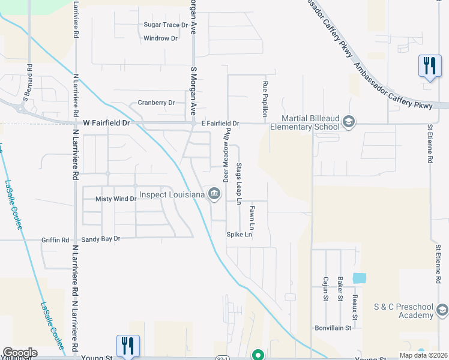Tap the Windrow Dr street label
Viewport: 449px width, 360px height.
tap(161, 38)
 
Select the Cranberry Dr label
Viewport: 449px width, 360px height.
tap(156, 103)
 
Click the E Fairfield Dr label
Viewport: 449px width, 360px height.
tap(220, 124)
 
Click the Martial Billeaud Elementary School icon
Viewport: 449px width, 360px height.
tap(348, 123)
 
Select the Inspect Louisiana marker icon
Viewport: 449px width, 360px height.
tap(214, 193)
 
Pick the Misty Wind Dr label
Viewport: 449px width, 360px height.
tap(116, 199)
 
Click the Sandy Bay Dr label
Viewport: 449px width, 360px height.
tap(101, 239)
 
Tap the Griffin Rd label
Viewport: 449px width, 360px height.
tap(55, 240)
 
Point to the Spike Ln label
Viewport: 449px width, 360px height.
tap(239, 235)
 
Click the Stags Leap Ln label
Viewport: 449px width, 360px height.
tap(239, 183)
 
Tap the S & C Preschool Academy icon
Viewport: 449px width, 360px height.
tap(442, 310)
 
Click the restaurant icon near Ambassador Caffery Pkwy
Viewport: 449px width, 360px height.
tap(429, 66)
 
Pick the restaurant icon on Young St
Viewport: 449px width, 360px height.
tap(128, 346)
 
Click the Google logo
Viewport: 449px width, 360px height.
tap(20, 353)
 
